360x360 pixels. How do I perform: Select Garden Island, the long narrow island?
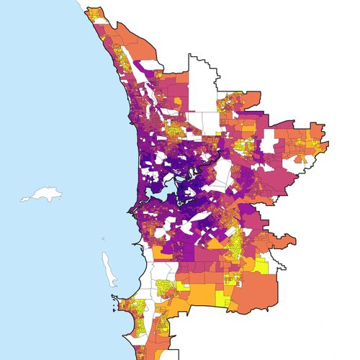(107, 267)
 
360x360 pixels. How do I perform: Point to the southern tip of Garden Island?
(113, 284)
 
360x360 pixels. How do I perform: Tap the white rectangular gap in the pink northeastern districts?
(269, 141)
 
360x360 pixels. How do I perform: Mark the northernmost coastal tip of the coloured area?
(87, 10)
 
